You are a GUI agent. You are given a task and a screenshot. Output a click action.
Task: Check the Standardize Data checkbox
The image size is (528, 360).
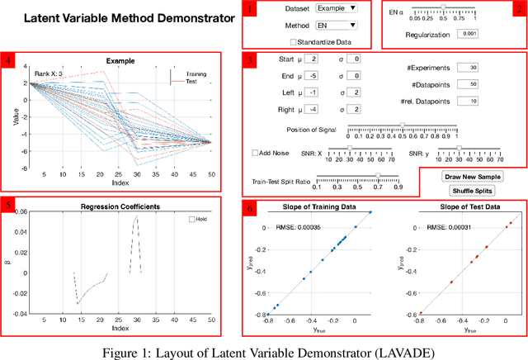click(x=295, y=41)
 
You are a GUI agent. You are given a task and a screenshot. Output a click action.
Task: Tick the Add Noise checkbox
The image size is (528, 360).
click(x=256, y=153)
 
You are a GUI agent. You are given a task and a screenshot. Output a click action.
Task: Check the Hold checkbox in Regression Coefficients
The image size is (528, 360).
click(x=192, y=220)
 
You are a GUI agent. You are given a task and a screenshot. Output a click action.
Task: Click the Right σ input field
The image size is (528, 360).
click(x=352, y=108)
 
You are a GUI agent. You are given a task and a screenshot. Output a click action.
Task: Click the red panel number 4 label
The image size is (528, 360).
click(x=8, y=59)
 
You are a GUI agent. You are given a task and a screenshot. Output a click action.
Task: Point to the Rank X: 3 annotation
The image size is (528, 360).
click(x=47, y=74)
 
